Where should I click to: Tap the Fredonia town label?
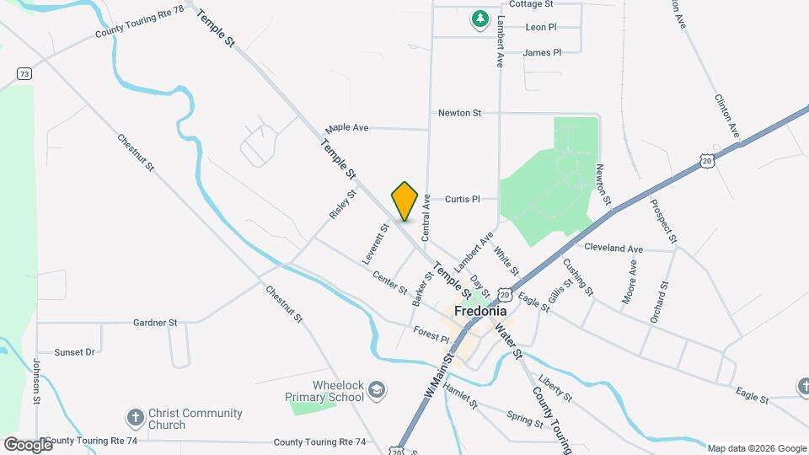coord(480,310)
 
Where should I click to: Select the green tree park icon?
coord(480,18)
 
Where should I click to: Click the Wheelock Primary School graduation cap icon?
coord(378,390)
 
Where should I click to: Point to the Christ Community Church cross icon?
coord(135,418)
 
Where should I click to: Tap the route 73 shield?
coord(24,74)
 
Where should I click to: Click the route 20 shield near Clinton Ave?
coord(706,159)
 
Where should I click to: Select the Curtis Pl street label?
coord(462,200)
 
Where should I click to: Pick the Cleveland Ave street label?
coord(613,249)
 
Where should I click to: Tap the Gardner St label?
coord(155,323)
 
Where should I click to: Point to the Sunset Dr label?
coord(74,352)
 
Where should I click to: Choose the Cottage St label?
coord(531,4)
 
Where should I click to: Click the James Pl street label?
coord(542,52)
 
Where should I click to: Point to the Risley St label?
coord(344,204)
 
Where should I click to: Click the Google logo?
coord(28,444)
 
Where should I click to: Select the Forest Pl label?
coord(431,335)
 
